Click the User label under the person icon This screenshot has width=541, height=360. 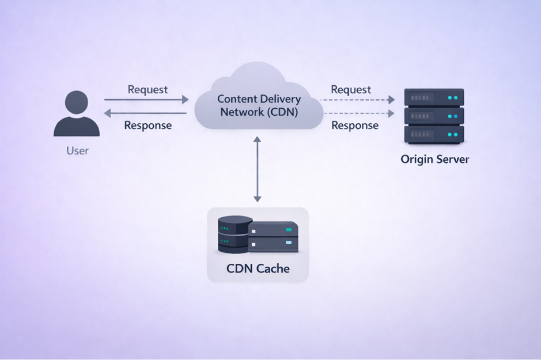point(77,151)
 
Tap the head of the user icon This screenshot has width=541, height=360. point(77,104)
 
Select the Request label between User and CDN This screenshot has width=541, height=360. point(147,89)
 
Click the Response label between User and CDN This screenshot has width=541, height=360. point(147,125)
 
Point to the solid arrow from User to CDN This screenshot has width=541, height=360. point(146,100)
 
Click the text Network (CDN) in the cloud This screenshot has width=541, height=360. point(259,112)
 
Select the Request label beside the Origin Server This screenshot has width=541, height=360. point(351,89)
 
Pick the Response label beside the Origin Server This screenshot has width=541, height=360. point(355,125)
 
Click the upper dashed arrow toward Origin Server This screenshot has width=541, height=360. point(358,100)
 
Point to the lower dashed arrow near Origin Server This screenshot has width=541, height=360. point(358,113)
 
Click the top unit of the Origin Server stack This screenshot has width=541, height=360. point(434,97)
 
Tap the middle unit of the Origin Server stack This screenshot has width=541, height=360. point(434,116)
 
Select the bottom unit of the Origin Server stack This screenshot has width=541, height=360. point(434,134)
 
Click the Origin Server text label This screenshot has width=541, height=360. point(435,159)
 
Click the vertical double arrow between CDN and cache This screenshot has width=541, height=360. point(258,170)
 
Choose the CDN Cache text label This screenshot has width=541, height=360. point(258,268)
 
